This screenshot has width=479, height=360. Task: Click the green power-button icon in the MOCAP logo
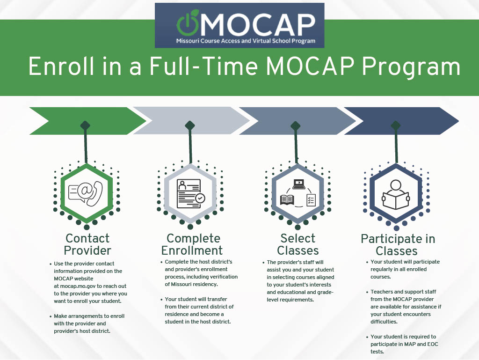coord(188,23)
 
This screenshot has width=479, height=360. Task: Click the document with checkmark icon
coord(191,194)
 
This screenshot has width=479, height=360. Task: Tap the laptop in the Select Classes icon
coord(299,184)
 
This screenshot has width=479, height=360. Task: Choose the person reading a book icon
coord(396,194)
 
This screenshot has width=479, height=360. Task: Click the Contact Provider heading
coord(87,244)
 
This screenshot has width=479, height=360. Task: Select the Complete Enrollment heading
coord(192,244)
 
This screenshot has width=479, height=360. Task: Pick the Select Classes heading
coord(298,244)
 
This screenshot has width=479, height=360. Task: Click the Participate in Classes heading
coord(398,245)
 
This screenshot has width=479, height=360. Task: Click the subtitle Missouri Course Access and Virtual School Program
coord(246,41)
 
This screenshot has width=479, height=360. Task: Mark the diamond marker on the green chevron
coord(85,125)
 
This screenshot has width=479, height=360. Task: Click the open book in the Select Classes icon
coord(287,200)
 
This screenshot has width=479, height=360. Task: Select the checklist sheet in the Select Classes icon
coord(311,200)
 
